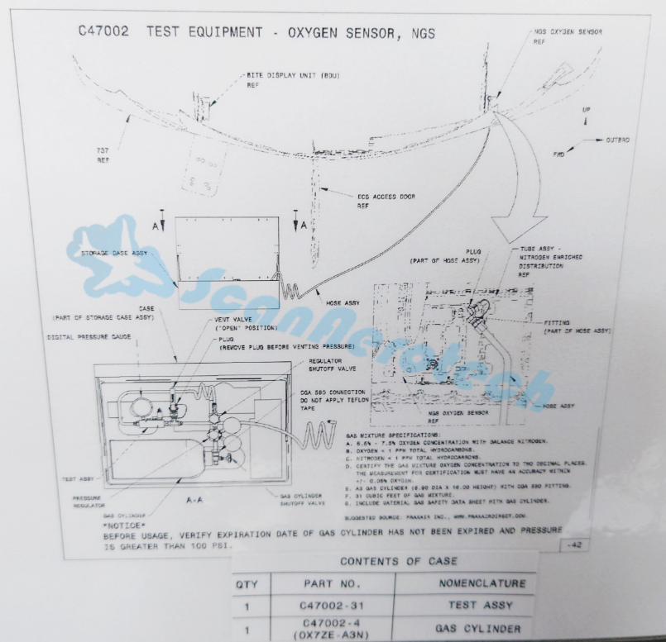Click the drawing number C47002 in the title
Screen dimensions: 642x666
click(106, 32)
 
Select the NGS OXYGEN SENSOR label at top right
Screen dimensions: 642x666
click(568, 31)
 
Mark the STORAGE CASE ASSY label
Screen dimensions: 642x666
click(116, 254)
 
